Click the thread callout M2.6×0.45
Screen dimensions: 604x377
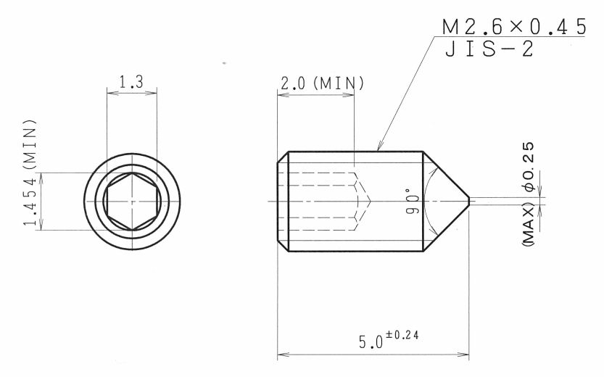514,27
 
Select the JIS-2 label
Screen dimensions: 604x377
489,49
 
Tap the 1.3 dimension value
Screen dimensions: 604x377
131,82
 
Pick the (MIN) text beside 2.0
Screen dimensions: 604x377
339,83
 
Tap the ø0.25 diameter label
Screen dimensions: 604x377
529,167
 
